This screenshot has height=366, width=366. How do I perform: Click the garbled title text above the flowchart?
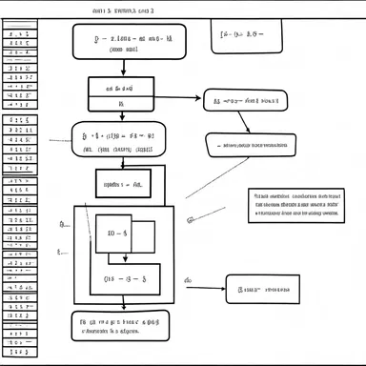coord(122,10)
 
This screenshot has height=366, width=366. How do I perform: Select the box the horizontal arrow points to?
coord(244,98)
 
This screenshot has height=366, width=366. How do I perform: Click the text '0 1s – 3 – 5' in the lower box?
coord(124,279)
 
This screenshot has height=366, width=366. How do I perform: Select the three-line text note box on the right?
coord(296,205)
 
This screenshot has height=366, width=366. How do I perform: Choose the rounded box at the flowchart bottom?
coord(120,326)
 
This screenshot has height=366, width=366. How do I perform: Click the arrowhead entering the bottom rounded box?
coord(123,307)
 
